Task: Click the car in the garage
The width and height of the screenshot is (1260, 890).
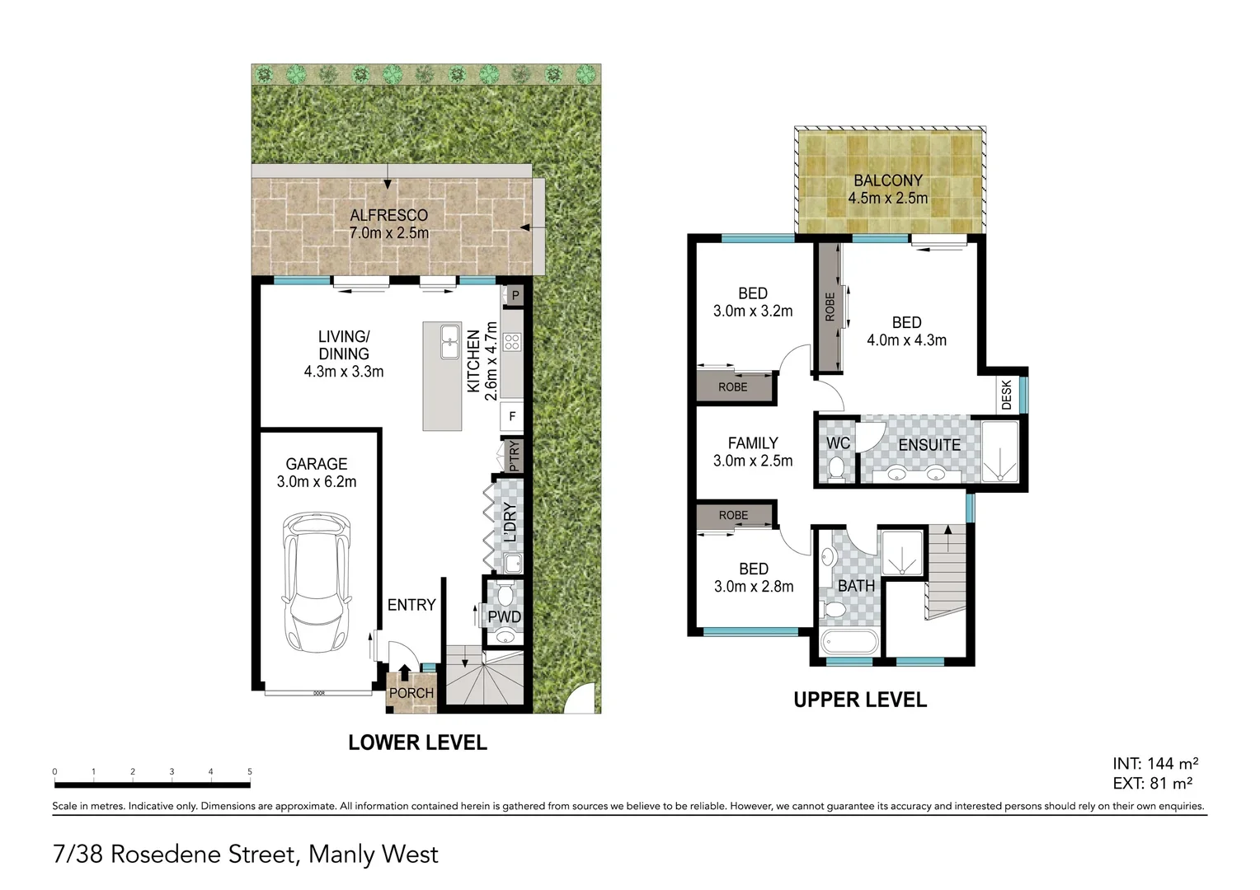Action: [317, 581]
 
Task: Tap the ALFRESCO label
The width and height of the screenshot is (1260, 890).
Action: [388, 215]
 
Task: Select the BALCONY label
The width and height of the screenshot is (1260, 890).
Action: [887, 180]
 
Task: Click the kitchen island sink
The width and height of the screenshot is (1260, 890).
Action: [449, 342]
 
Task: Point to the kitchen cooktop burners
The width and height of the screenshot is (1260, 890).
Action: [511, 341]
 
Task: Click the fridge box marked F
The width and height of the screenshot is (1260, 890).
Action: [512, 416]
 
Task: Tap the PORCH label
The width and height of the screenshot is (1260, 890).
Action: [411, 693]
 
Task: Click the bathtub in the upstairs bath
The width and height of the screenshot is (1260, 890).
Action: [849, 643]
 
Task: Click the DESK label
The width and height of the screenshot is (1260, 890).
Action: [1006, 395]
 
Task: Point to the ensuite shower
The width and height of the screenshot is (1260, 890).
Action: [1000, 452]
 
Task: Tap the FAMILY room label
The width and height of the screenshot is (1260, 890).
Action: [752, 443]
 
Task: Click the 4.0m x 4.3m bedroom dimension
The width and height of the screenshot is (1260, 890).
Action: [906, 340]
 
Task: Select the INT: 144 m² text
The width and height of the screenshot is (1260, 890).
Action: [1154, 763]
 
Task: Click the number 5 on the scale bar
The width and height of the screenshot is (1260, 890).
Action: [250, 772]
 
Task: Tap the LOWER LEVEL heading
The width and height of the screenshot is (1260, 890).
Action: [417, 742]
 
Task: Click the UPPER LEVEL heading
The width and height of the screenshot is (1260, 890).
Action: [859, 700]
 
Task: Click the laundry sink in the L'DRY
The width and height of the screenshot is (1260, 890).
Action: [512, 564]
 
